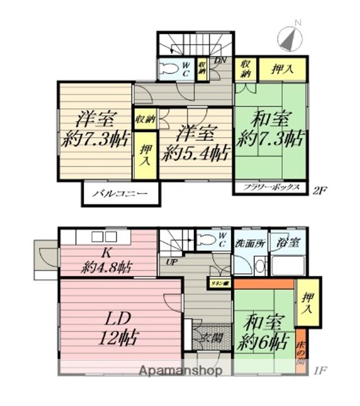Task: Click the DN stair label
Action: coord(220,60)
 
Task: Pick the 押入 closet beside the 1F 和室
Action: coord(307,302)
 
